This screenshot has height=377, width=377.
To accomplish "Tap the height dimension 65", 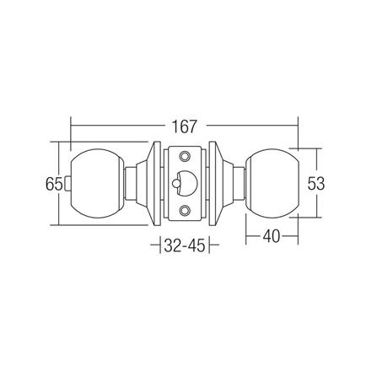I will tap(52, 182).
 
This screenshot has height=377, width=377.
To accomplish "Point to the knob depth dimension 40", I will tap(271, 238).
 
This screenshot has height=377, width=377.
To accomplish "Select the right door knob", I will tap(271, 182).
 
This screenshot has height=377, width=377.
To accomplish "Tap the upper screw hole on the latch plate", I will tap(185, 157).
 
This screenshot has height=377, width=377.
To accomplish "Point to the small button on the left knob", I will tap(72, 182).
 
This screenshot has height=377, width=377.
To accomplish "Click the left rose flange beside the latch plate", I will tap(152, 182).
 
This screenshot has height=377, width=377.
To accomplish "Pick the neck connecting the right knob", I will tap(238, 182).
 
